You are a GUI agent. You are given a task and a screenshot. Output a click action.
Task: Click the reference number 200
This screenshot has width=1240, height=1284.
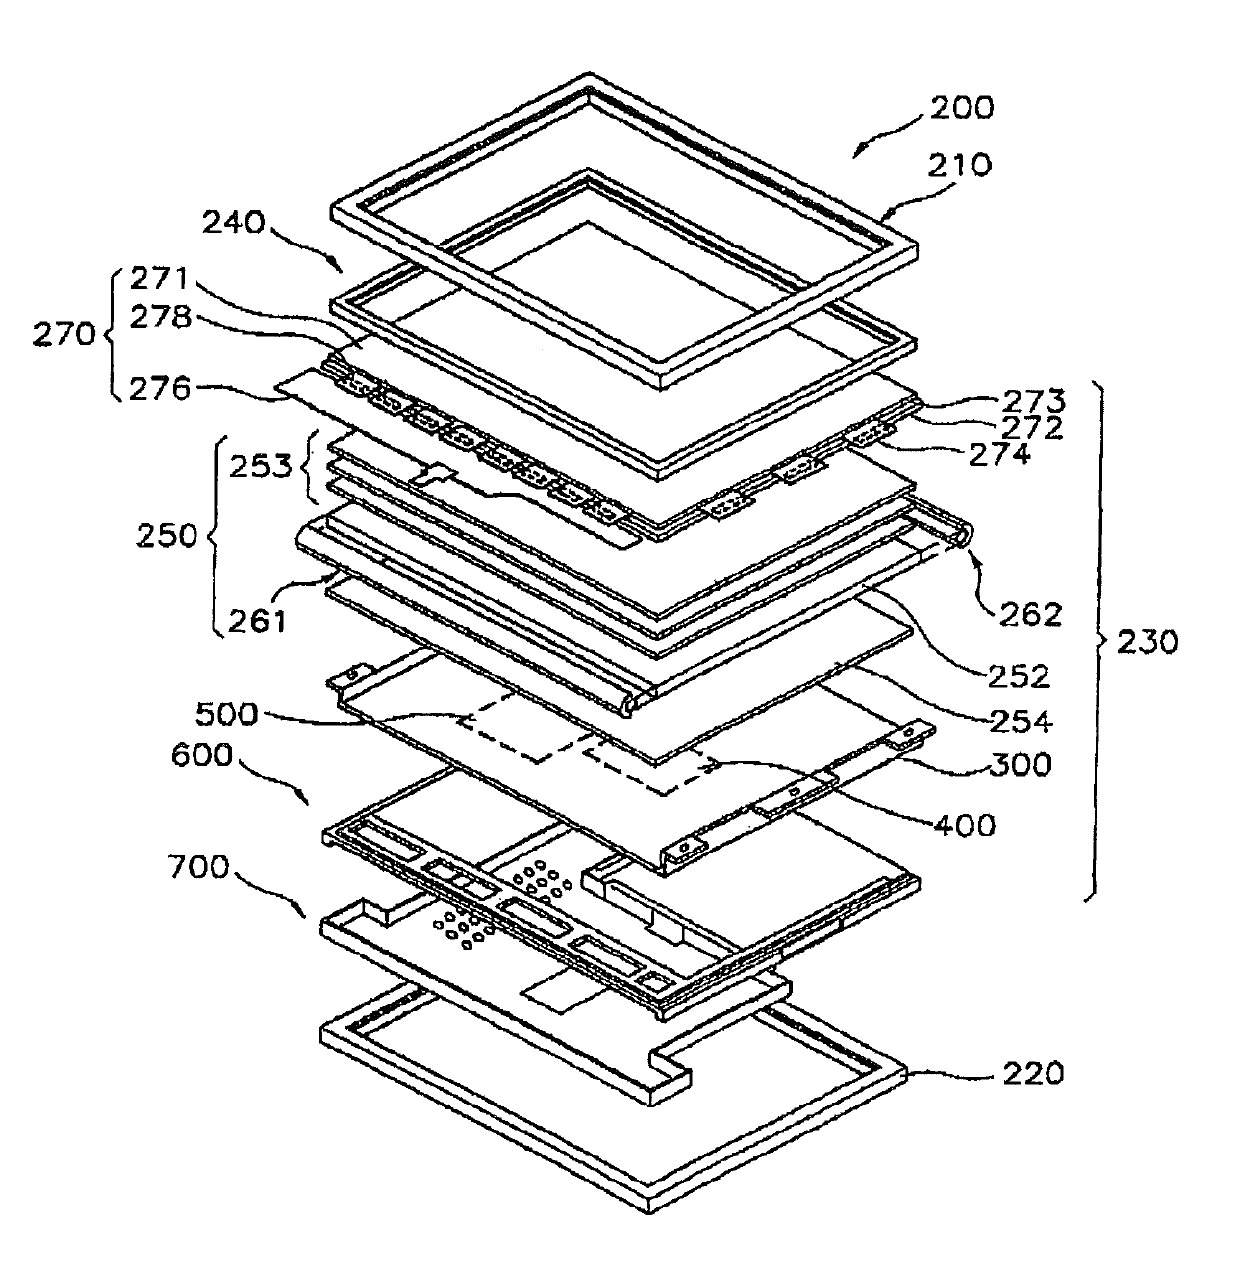point(962,108)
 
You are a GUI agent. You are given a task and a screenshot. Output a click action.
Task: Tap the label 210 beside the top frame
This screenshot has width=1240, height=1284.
point(961,165)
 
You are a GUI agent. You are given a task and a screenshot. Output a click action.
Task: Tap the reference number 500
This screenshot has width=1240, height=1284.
point(226,714)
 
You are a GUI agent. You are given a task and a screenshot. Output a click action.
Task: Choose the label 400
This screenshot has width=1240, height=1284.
point(964,825)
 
